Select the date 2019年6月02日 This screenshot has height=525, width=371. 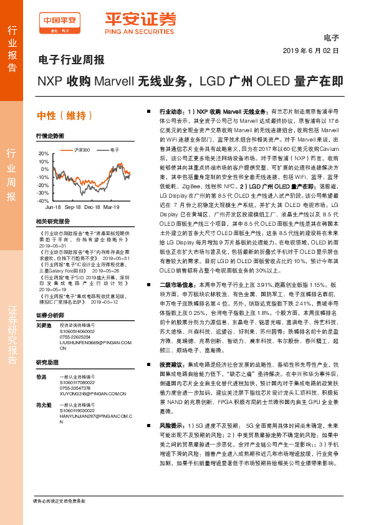tap(310, 51)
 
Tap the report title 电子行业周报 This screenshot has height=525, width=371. tap(67, 60)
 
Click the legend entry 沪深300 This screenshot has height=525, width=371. tap(80, 150)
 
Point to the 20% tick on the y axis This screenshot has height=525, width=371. tap(43, 153)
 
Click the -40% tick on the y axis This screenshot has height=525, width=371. tap(42, 201)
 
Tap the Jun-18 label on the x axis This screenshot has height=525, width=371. tap(53, 206)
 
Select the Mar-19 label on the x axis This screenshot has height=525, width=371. tap(112, 206)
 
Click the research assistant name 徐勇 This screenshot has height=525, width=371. tap(41, 377)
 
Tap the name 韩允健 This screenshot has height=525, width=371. tap(43, 405)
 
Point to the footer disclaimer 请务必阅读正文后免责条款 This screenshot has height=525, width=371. tap(59, 501)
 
